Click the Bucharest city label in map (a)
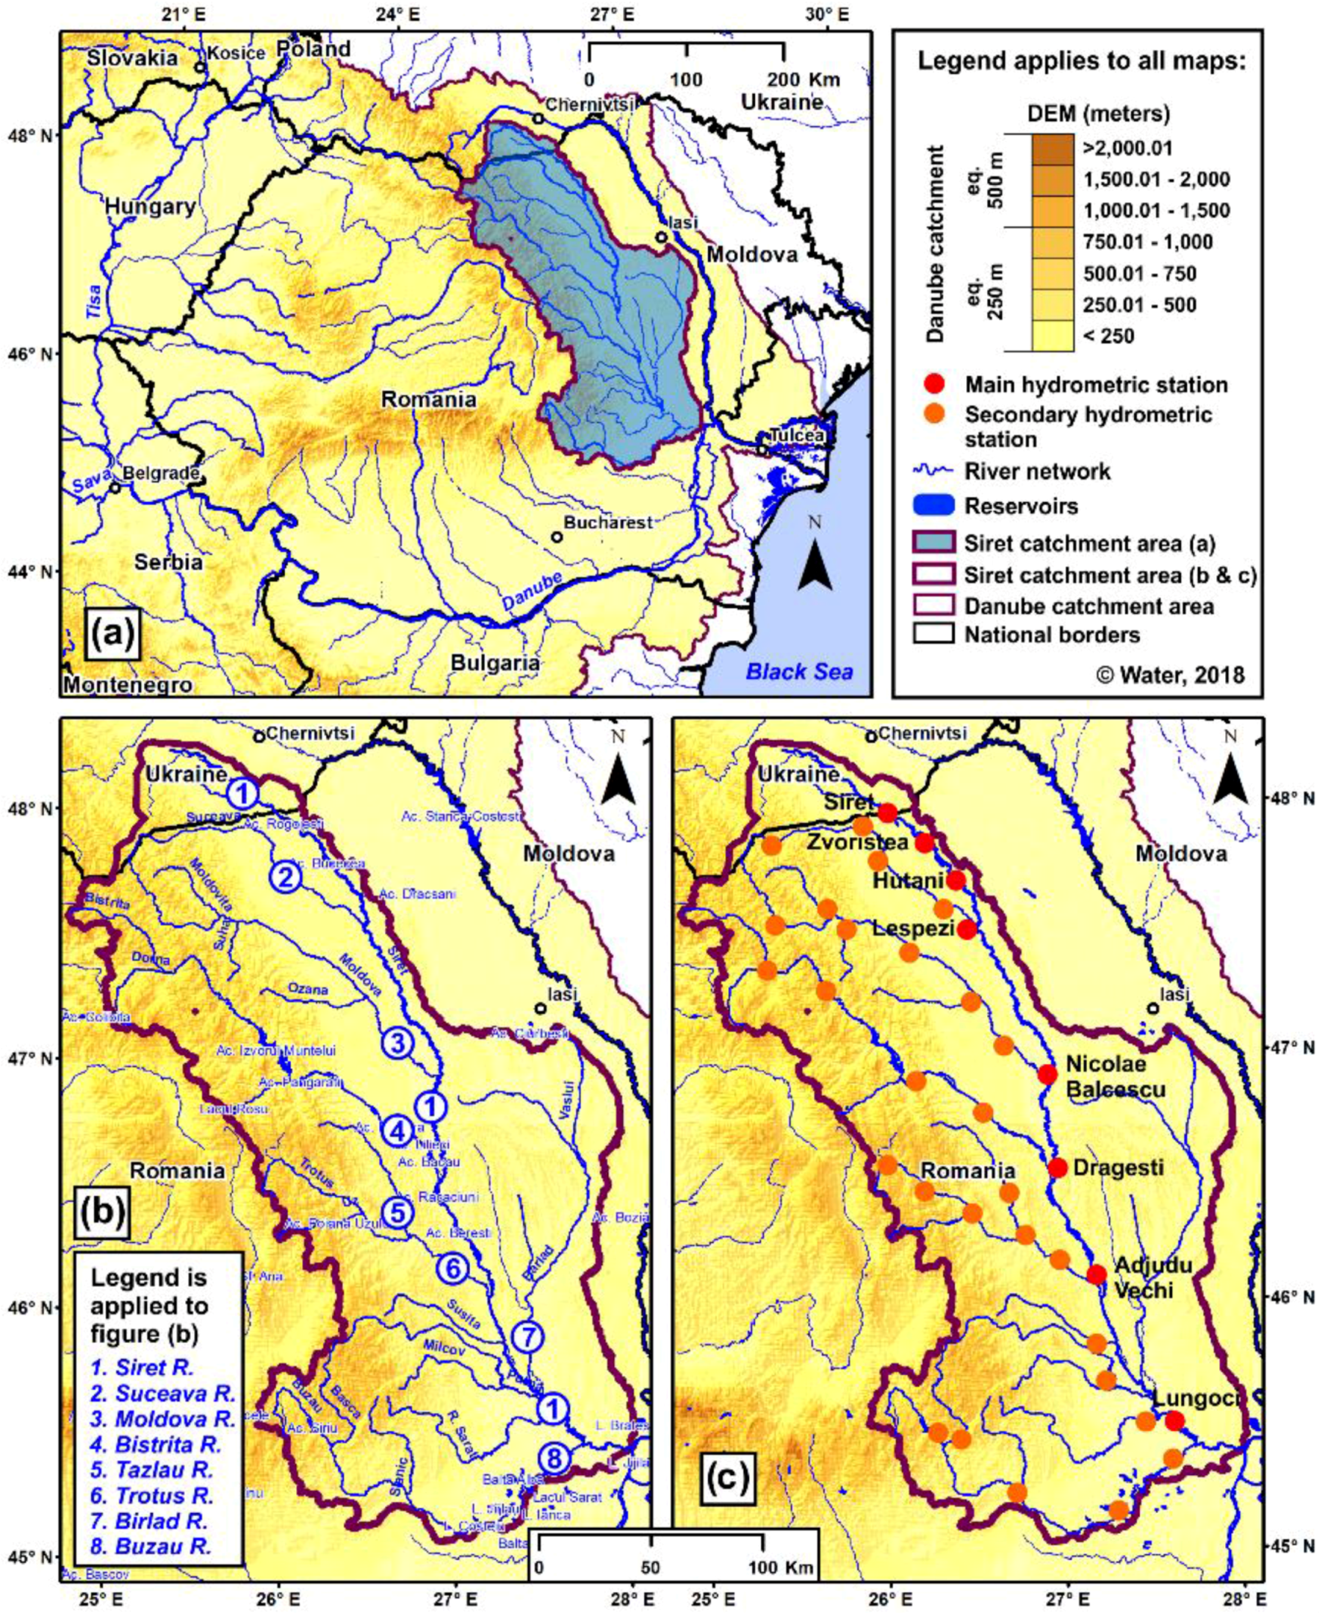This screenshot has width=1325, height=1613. [x=608, y=523]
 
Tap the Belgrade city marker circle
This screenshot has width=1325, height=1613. [x=115, y=487]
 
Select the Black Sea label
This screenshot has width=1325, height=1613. [x=799, y=672]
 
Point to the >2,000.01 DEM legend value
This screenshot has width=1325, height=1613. [x=1127, y=148]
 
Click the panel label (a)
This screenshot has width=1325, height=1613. [x=112, y=634]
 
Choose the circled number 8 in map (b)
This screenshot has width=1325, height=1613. [x=554, y=1459]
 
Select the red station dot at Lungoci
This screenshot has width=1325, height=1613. [x=1174, y=1421]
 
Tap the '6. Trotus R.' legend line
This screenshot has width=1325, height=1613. [x=153, y=1496]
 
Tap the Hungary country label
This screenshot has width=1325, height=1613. [x=151, y=206]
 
